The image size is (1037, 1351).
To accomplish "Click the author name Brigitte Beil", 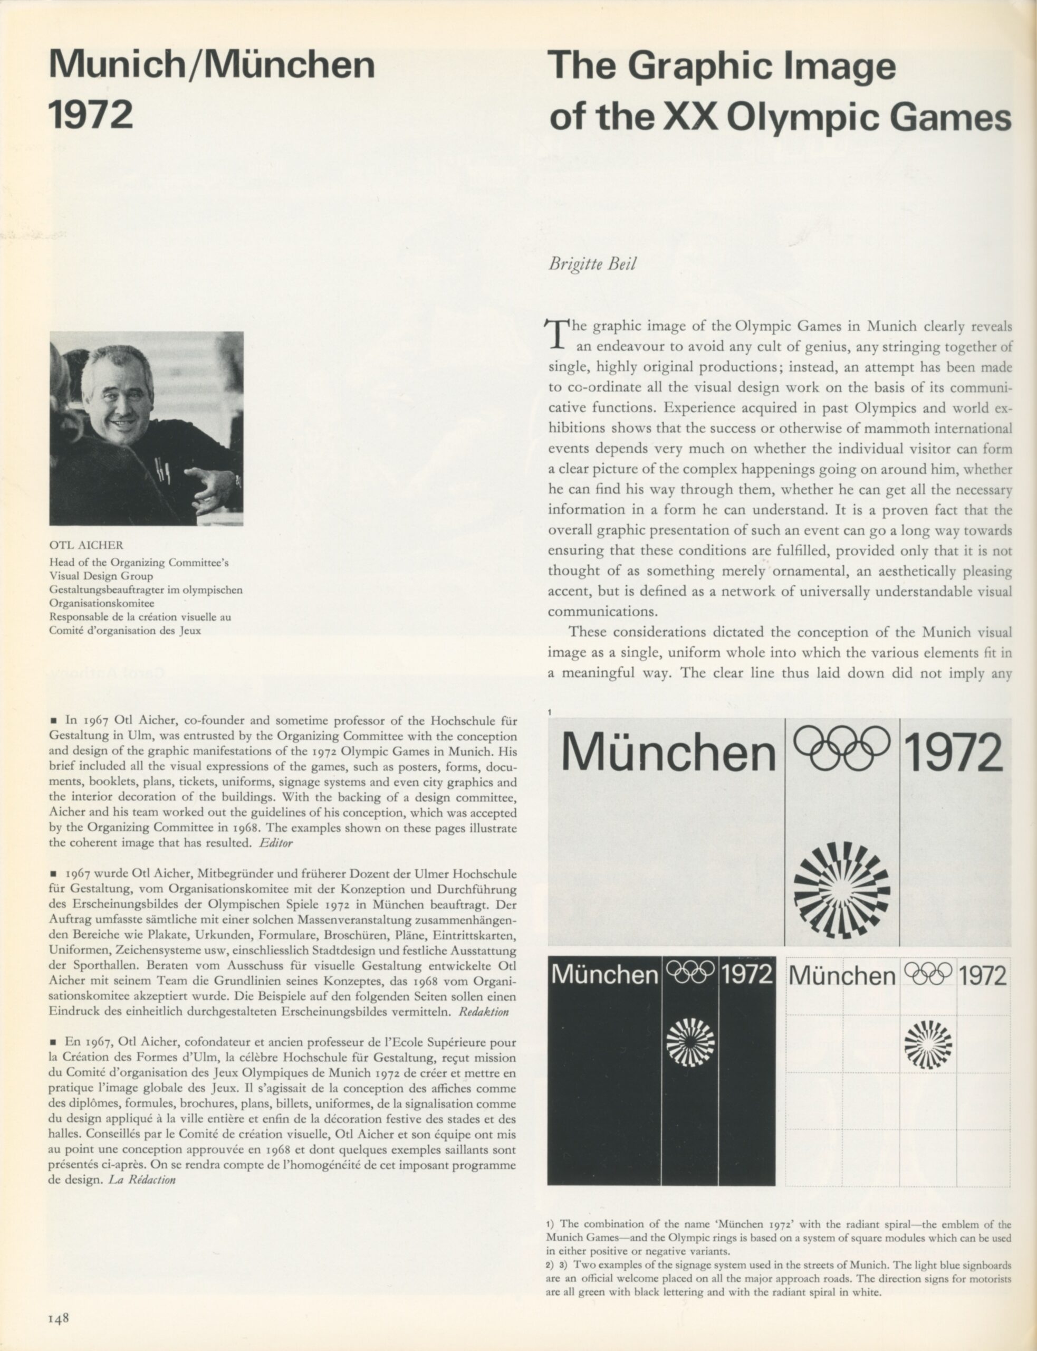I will click(592, 264).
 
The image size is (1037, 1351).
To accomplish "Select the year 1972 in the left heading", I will click(91, 115).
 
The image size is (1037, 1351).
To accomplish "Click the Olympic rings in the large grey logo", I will click(841, 748).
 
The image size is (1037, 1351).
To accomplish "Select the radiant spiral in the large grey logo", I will click(841, 890).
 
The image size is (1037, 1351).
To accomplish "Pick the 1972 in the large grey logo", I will click(954, 751).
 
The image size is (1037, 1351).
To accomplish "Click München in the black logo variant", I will click(604, 975).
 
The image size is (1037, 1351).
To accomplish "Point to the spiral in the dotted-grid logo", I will click(928, 1044).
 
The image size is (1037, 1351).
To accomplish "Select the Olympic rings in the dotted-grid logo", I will click(928, 974).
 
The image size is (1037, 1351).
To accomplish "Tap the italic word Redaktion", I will click(484, 1012).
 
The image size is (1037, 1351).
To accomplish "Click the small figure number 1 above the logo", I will click(550, 712).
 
